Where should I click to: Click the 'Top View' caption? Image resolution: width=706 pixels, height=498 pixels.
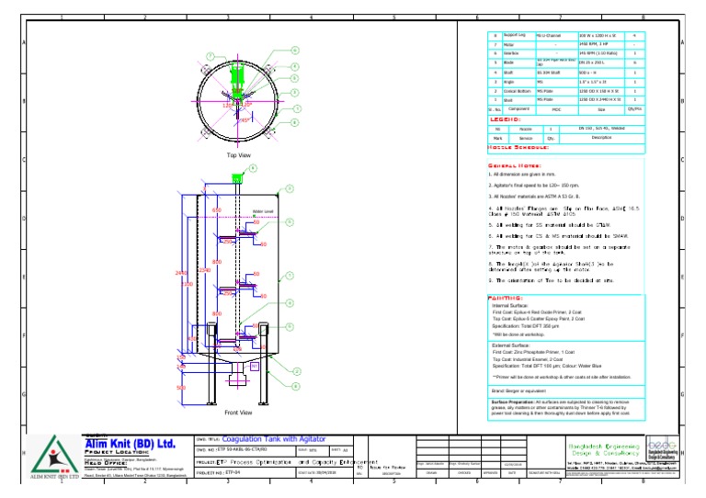pyautogui.click(x=238, y=156)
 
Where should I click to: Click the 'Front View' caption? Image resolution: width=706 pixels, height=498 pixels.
pyautogui.click(x=238, y=413)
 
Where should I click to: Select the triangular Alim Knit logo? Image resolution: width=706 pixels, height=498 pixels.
pyautogui.click(x=51, y=455)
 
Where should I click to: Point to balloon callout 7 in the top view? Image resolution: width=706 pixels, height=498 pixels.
pyautogui.click(x=210, y=56)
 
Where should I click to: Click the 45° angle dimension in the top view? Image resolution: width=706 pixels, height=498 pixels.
pyautogui.click(x=244, y=119)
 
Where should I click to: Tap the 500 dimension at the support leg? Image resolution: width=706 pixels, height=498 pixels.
pyautogui.click(x=180, y=388)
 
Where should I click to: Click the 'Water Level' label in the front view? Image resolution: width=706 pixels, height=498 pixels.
pyautogui.click(x=263, y=211)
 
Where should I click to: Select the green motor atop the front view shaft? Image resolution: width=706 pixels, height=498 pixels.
pyautogui.click(x=236, y=177)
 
